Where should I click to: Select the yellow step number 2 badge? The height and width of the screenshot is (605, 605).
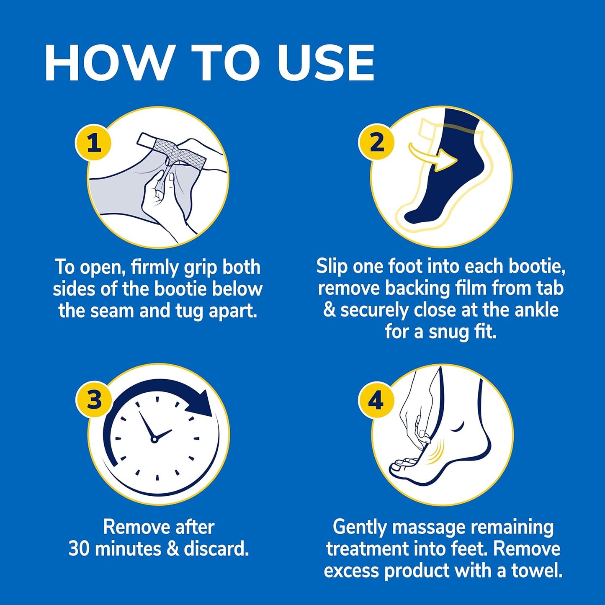[376, 142]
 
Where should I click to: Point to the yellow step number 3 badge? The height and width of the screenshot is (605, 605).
[94, 399]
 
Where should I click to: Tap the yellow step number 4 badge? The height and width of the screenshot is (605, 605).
[376, 400]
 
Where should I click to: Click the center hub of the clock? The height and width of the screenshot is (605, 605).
[154, 439]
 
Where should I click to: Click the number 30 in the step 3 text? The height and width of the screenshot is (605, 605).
[80, 548]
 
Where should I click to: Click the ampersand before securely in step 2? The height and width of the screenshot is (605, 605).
[330, 310]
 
